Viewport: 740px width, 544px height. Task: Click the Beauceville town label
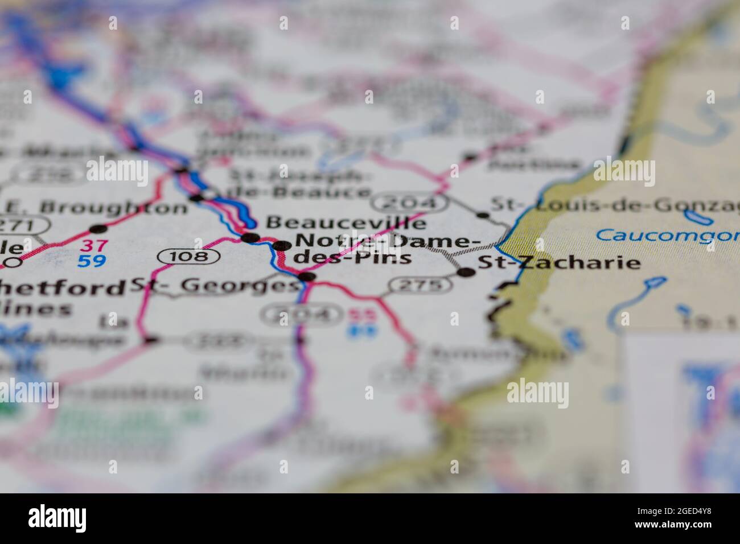tap(346, 222)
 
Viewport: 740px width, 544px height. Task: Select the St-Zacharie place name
tap(558, 263)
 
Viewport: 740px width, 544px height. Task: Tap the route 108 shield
tap(189, 257)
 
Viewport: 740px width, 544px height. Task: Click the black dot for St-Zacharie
tap(467, 272)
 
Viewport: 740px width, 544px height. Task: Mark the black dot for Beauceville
tap(250, 237)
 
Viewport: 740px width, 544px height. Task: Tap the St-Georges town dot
tap(307, 277)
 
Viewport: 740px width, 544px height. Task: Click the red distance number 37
tap(92, 246)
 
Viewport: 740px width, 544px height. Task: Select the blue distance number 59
tap(92, 261)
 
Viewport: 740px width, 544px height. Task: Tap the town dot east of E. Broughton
tap(99, 229)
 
